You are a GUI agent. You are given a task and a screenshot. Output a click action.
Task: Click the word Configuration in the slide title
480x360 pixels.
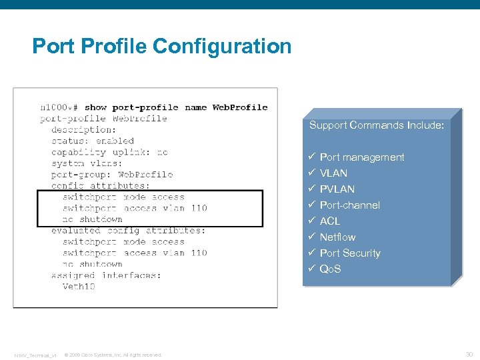tap(222, 47)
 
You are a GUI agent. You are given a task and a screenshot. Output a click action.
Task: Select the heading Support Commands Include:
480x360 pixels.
tap(376, 125)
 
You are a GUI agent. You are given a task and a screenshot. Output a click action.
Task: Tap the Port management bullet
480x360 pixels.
tap(362, 157)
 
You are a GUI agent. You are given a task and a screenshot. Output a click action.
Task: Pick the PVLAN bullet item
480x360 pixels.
tap(337, 189)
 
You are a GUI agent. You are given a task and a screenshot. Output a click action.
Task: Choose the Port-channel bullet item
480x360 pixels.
tap(350, 205)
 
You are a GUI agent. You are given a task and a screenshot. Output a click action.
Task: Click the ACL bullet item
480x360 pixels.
tap(330, 221)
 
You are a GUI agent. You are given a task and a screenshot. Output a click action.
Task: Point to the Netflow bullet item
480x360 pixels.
tap(338, 237)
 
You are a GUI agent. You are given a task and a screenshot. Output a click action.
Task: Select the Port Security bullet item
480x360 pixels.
tap(350, 253)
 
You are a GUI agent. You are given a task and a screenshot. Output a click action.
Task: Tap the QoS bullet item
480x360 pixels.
tap(331, 269)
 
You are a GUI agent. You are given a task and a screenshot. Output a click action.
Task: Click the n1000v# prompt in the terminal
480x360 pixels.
tap(59, 107)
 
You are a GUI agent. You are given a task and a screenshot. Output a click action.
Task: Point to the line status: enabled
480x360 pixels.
tap(93, 141)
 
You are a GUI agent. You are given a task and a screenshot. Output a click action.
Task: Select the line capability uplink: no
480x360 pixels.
tap(109, 152)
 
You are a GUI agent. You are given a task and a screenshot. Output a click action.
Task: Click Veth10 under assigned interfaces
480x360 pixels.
tap(79, 287)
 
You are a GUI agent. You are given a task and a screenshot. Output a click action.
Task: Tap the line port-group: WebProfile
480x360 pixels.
tap(112, 175)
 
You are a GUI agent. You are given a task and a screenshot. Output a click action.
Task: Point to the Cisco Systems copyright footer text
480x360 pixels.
tap(113, 355)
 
